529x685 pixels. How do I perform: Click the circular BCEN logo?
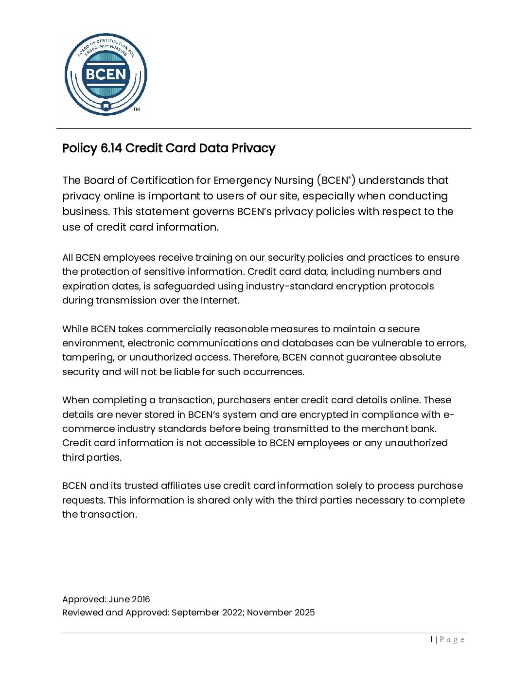pyautogui.click(x=106, y=74)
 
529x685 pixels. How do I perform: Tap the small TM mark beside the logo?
pyautogui.click(x=137, y=109)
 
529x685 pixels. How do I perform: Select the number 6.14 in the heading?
pyautogui.click(x=111, y=148)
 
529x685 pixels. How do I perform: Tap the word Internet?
pyautogui.click(x=220, y=300)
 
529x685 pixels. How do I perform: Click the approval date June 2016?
pyautogui.click(x=129, y=599)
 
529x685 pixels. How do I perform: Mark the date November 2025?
pyautogui.click(x=281, y=613)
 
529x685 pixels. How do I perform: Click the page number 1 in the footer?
pyautogui.click(x=431, y=640)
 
